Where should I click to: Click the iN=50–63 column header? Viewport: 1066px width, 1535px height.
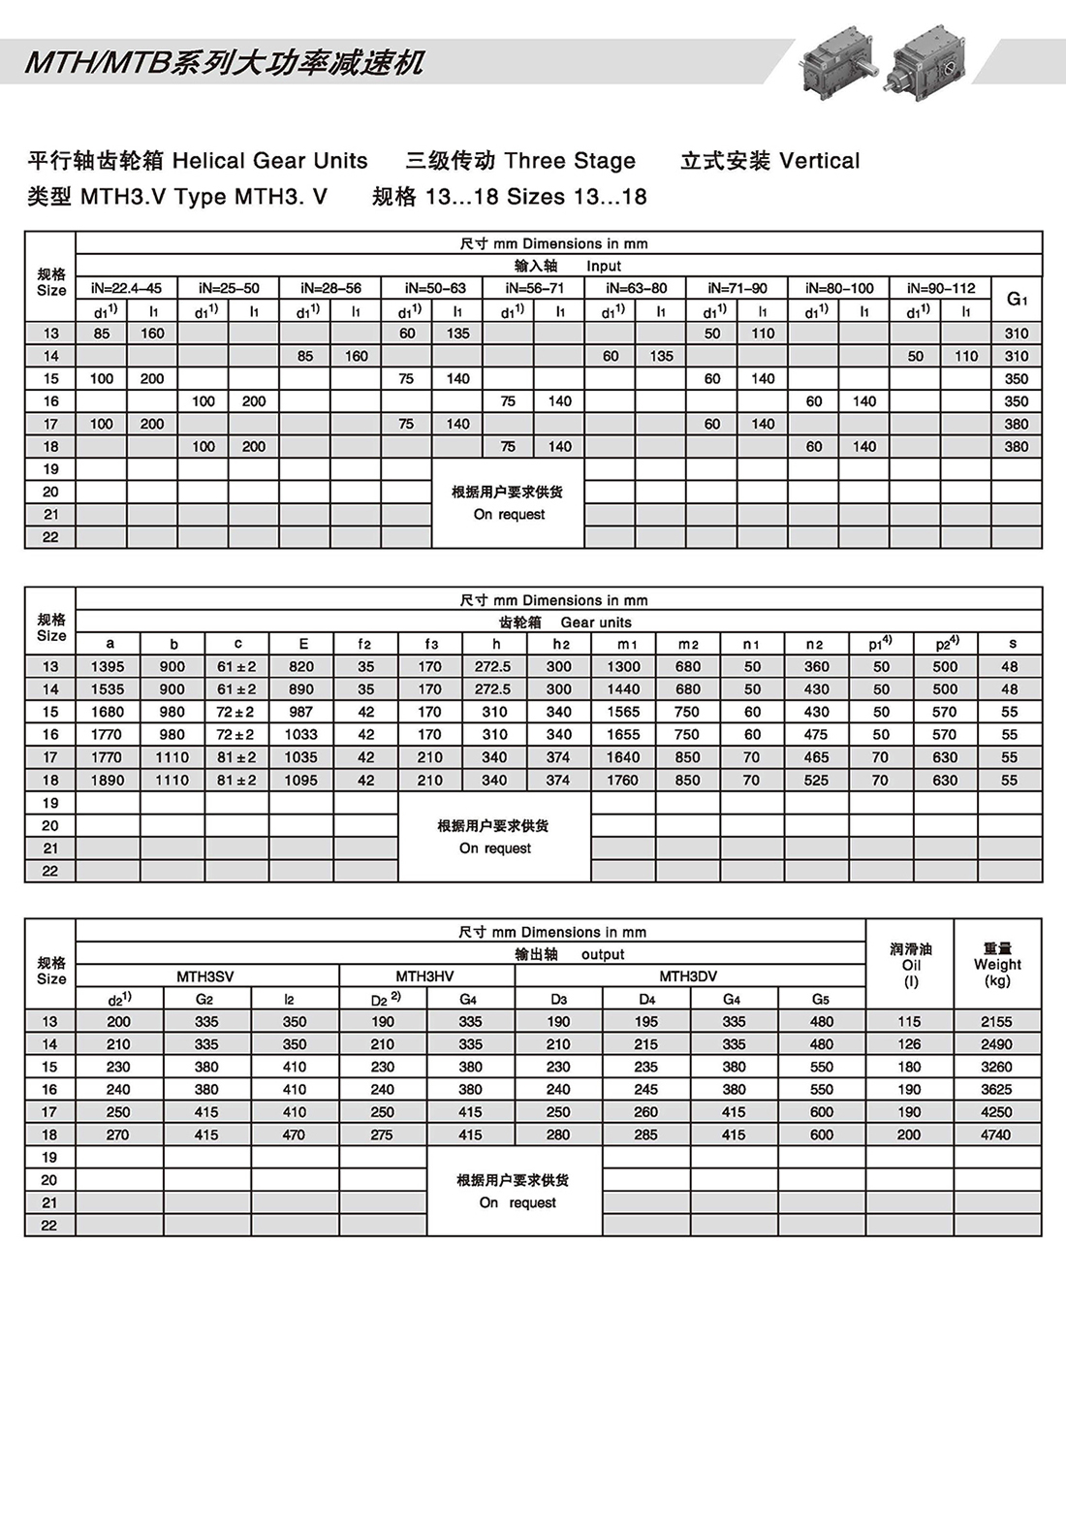(x=432, y=288)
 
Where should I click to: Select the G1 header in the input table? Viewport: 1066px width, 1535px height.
(x=1017, y=299)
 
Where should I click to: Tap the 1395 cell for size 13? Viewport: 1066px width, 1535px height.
(x=108, y=666)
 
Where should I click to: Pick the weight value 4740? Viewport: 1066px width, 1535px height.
(x=996, y=1135)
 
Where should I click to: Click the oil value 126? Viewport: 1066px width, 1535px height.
(x=909, y=1044)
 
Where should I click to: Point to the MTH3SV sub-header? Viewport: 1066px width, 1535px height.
(x=205, y=976)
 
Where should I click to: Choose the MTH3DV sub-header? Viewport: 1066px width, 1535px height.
(x=688, y=976)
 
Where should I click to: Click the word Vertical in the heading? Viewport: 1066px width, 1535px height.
(x=819, y=161)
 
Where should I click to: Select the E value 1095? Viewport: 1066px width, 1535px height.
(x=300, y=780)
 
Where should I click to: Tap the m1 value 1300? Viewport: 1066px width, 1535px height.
(x=623, y=666)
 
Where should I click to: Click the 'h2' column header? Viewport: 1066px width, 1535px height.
(x=560, y=644)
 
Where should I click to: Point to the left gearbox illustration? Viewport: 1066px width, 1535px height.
(x=836, y=59)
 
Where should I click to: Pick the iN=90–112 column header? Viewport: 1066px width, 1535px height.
(x=941, y=288)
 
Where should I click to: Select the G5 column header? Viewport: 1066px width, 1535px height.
(x=821, y=999)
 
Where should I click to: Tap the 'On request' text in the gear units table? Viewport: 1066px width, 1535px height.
(x=494, y=848)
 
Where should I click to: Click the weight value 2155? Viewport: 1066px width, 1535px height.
(x=996, y=1022)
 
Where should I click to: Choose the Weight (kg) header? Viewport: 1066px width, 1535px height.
(x=997, y=965)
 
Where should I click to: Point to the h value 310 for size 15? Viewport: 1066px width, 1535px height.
(x=494, y=712)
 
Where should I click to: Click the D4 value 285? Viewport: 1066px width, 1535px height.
(x=646, y=1135)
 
